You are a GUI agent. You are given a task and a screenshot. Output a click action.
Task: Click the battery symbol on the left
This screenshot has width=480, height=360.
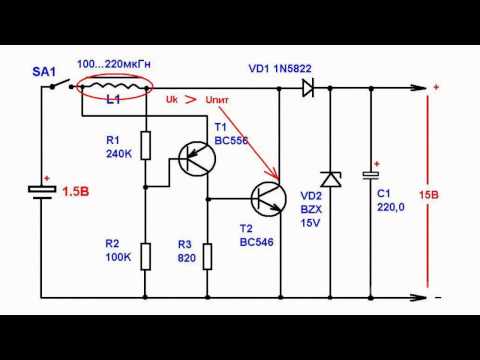(41, 191)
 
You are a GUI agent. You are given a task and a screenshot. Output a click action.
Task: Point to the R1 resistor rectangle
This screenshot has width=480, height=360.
(145, 146)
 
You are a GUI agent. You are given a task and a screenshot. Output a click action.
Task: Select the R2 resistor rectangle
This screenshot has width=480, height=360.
(145, 255)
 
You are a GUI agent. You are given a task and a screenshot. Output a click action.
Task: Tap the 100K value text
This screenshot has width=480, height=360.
(118, 257)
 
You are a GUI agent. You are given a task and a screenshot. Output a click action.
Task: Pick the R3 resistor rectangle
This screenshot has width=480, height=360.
(208, 255)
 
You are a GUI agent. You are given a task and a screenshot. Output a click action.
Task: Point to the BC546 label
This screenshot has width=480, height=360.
(255, 242)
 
